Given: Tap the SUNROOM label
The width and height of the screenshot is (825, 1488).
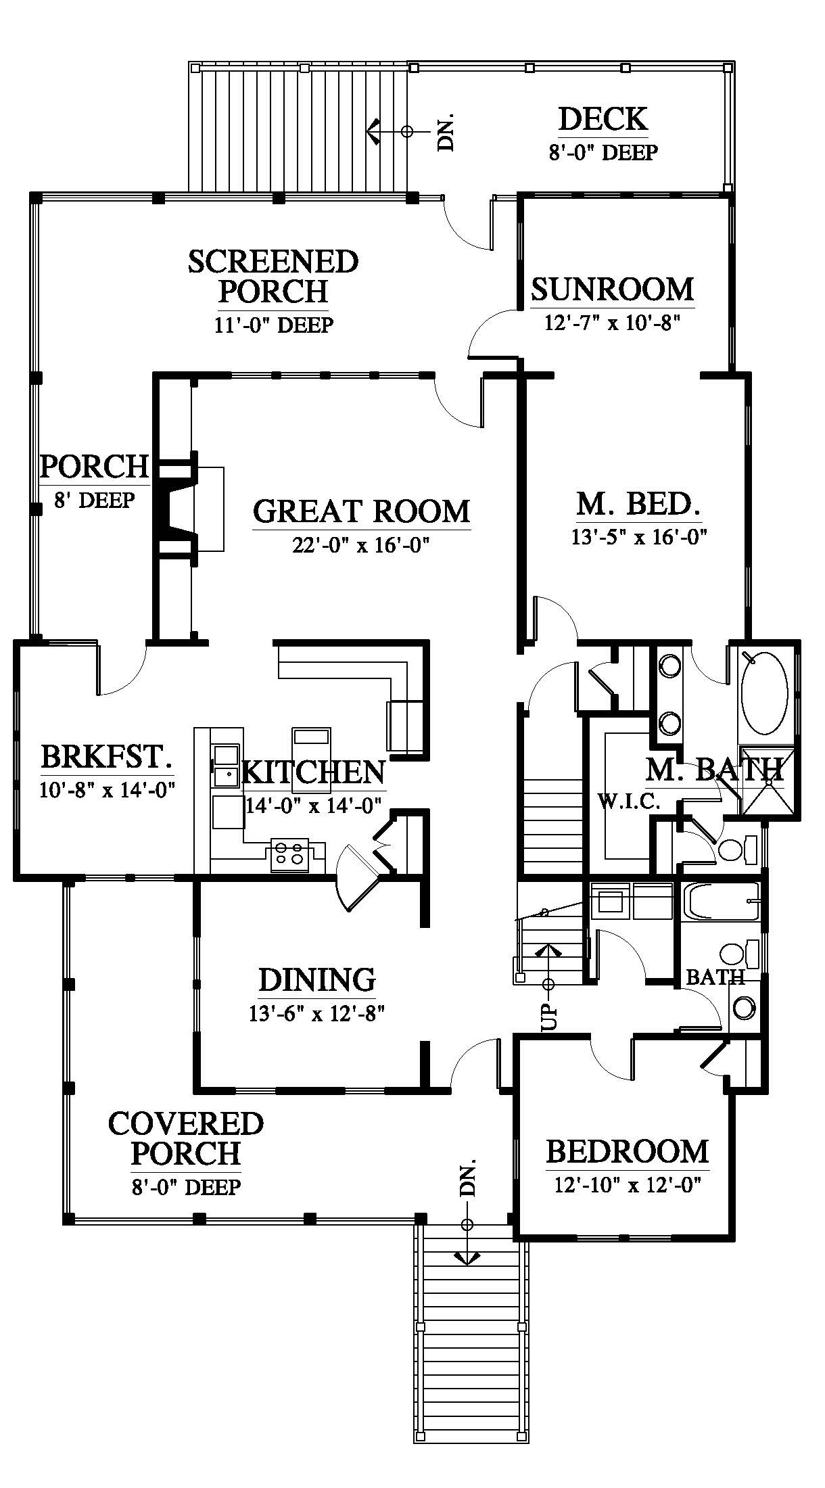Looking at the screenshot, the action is (613, 289).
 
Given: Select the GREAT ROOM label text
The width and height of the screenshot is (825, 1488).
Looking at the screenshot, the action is (362, 511).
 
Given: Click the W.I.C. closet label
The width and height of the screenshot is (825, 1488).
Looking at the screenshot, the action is (628, 803).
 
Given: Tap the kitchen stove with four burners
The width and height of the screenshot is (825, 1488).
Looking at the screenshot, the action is (289, 854).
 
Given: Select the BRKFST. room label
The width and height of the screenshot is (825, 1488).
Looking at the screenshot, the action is (106, 757).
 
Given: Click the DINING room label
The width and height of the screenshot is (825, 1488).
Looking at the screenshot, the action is (317, 979).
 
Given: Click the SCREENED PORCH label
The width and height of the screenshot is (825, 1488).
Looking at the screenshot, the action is (273, 277).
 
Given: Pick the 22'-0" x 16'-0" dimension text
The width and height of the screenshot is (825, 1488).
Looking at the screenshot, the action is (361, 544).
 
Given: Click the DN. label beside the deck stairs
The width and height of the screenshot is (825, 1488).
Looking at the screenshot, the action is (446, 131).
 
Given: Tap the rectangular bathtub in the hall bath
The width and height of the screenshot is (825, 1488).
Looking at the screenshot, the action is (721, 902).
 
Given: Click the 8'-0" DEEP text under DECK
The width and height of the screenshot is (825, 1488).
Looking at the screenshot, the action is (603, 152).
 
